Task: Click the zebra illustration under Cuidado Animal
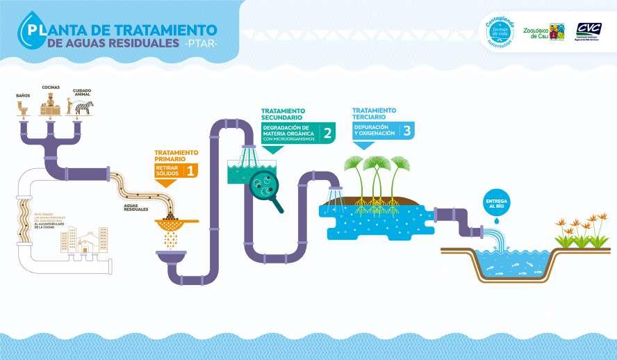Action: coord(84,107)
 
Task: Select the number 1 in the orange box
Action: coord(190,169)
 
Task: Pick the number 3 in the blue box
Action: coord(406,129)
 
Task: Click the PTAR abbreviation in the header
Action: coord(201,44)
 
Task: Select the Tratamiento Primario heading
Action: coord(176,155)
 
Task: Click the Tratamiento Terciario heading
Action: coord(374,113)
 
